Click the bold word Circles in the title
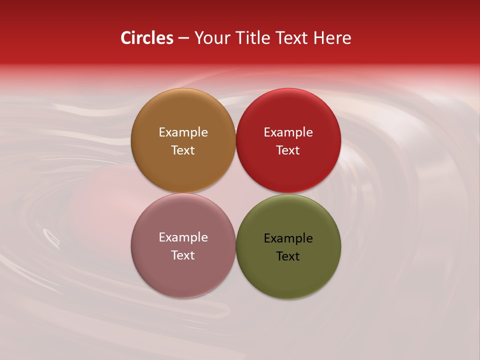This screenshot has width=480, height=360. pyautogui.click(x=147, y=38)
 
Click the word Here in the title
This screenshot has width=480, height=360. pyautogui.click(x=332, y=38)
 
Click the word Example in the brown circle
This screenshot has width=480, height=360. pyautogui.click(x=183, y=132)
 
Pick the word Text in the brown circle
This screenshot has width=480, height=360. pyautogui.click(x=183, y=150)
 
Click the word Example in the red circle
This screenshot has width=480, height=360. pyautogui.click(x=288, y=132)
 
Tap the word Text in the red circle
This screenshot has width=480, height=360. pyautogui.click(x=288, y=150)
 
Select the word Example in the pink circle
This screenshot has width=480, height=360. pyautogui.click(x=183, y=237)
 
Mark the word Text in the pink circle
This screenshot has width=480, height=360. pyautogui.click(x=183, y=255)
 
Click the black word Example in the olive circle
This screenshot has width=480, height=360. pyautogui.click(x=288, y=238)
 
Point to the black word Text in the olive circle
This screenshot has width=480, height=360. pyautogui.click(x=288, y=256)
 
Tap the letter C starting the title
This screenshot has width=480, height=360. pyautogui.click(x=126, y=38)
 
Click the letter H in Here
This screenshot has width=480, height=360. pyautogui.click(x=318, y=38)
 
